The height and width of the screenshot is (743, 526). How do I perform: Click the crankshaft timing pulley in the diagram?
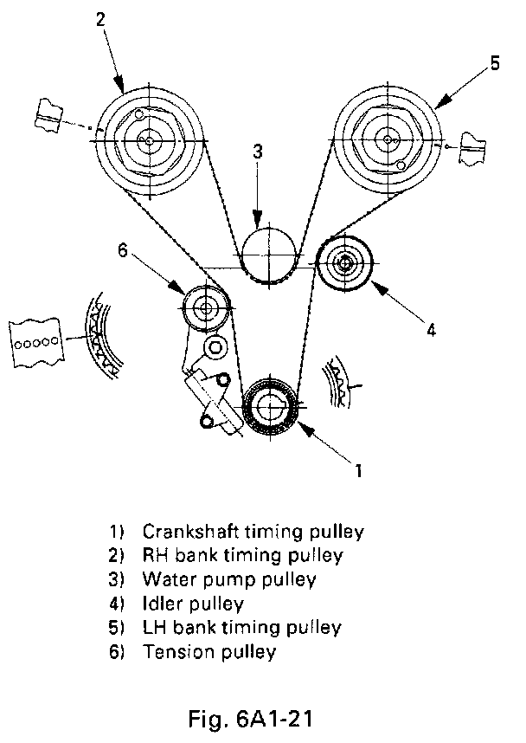pos(272,407)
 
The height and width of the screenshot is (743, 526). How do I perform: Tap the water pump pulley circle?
pos(267,254)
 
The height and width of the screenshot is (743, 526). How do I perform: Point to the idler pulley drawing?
pos(344,262)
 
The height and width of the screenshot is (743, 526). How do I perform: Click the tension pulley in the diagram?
pos(208,307)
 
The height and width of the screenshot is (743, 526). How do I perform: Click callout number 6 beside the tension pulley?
pos(122,250)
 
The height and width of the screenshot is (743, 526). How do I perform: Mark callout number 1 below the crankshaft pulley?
pos(356,471)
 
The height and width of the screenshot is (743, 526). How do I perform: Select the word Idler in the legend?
pos(160,603)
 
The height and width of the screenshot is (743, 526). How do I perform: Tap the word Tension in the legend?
pos(174,651)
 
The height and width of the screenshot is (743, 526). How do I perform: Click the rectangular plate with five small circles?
pos(35,341)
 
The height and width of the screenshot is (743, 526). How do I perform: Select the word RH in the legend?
pos(155,554)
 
